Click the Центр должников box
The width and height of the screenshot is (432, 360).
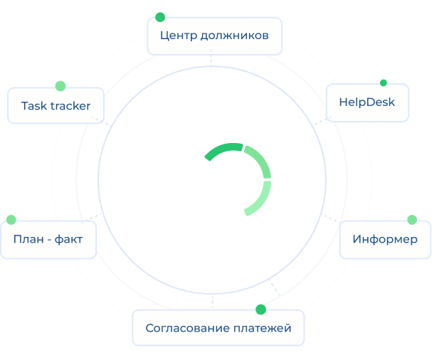pos(214,35)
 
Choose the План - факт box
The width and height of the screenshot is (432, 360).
pos(48,238)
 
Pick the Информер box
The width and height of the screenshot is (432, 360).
pos(385,238)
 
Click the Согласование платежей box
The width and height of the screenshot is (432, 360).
pos(218,328)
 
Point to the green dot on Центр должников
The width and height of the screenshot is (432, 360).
pos(160,16)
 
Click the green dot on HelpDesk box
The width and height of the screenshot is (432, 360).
pos(384,83)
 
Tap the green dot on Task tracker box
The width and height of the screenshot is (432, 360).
pos(60,85)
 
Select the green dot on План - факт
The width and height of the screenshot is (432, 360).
pos(11,220)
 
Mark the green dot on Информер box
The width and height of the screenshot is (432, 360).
pos(411,219)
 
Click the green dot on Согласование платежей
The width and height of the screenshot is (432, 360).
pos(260,309)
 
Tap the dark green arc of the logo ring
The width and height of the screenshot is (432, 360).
pos(222,149)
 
